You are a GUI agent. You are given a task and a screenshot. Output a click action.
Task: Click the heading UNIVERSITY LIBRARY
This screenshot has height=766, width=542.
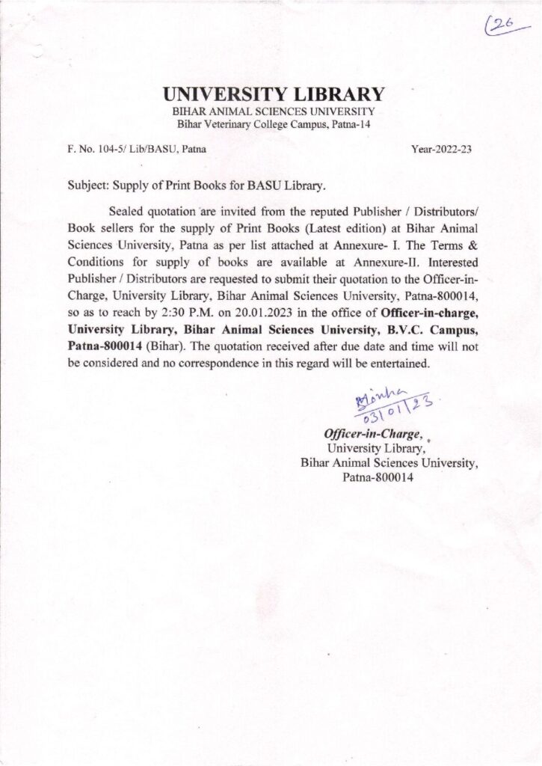(274, 95)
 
